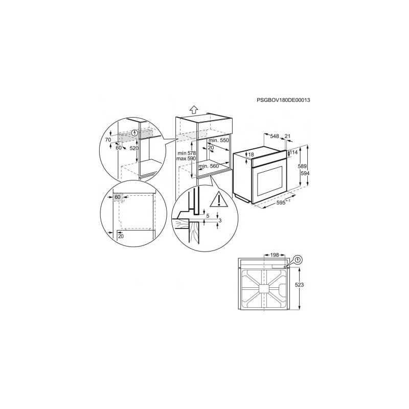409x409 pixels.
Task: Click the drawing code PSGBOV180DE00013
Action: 283,100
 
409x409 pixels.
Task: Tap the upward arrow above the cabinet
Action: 193,109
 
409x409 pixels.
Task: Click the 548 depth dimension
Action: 275,136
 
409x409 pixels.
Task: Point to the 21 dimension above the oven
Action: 287,136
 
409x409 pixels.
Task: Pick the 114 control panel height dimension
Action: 293,152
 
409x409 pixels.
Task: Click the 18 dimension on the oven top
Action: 251,155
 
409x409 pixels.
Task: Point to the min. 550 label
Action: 219,140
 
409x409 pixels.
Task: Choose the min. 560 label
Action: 209,166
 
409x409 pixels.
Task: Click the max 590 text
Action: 186,158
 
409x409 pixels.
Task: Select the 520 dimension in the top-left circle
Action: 134,148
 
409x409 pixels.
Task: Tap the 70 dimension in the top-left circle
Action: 108,140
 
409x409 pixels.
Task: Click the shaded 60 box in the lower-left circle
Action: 118,197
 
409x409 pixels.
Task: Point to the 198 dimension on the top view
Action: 275,255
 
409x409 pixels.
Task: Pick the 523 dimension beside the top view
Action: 299,285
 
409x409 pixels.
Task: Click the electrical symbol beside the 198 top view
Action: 299,260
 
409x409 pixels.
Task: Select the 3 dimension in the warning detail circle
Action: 220,221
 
